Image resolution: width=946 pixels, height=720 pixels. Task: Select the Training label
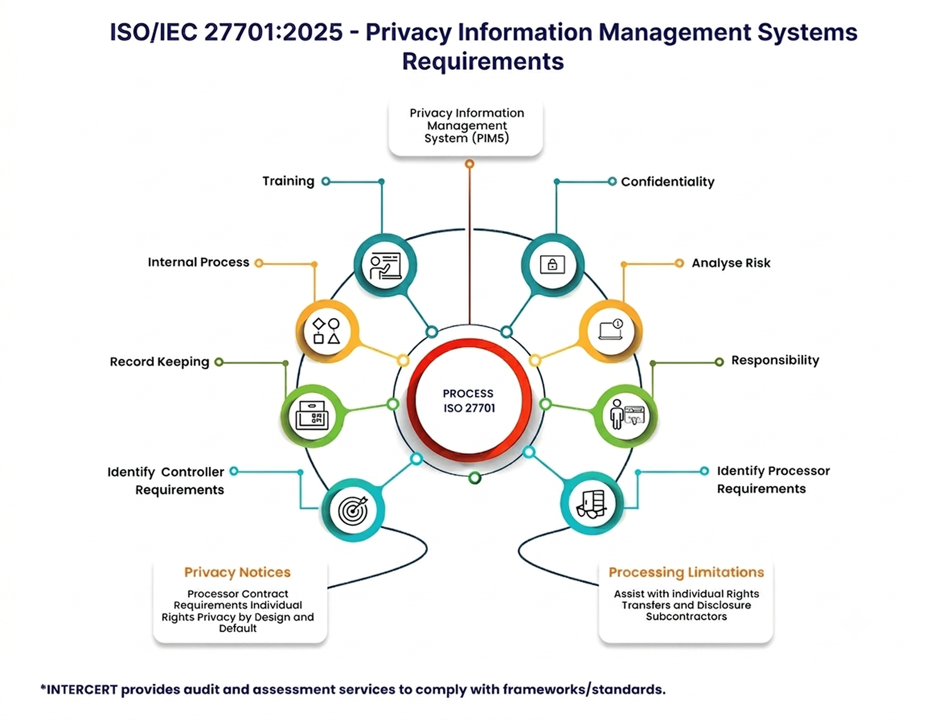288,181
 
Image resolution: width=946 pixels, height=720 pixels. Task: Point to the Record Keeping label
159,362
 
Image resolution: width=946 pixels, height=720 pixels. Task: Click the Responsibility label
775,360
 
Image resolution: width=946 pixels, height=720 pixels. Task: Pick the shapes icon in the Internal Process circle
327,331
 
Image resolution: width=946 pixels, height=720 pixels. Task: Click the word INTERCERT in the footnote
81,690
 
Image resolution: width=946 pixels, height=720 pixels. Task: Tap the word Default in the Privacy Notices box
238,628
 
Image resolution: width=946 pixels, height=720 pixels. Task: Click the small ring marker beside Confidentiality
612,181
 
